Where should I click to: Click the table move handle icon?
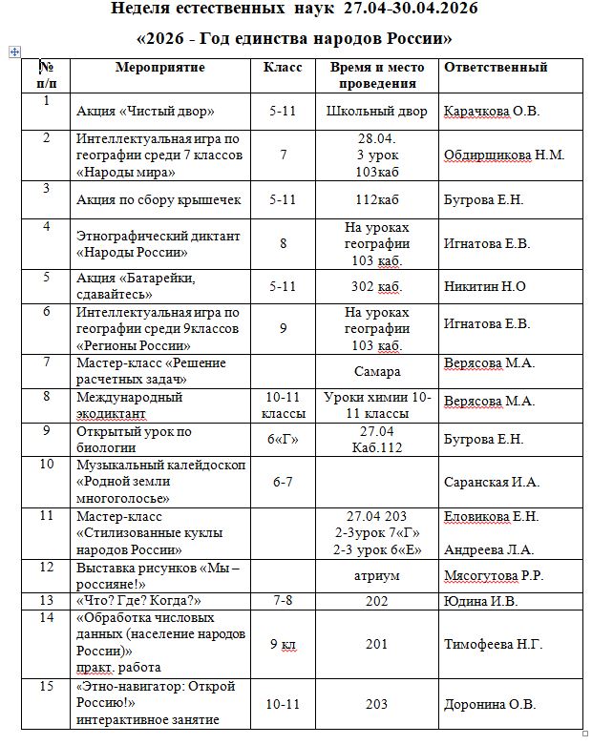tap(13, 52)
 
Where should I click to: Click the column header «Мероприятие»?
tap(159, 68)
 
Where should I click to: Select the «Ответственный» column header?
tap(496, 68)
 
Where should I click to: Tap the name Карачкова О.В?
tap(492, 112)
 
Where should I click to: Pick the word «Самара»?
tap(376, 371)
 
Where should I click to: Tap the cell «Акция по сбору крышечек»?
tap(159, 199)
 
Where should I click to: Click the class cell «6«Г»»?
tap(283, 439)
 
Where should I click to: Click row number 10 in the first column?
tap(46, 465)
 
